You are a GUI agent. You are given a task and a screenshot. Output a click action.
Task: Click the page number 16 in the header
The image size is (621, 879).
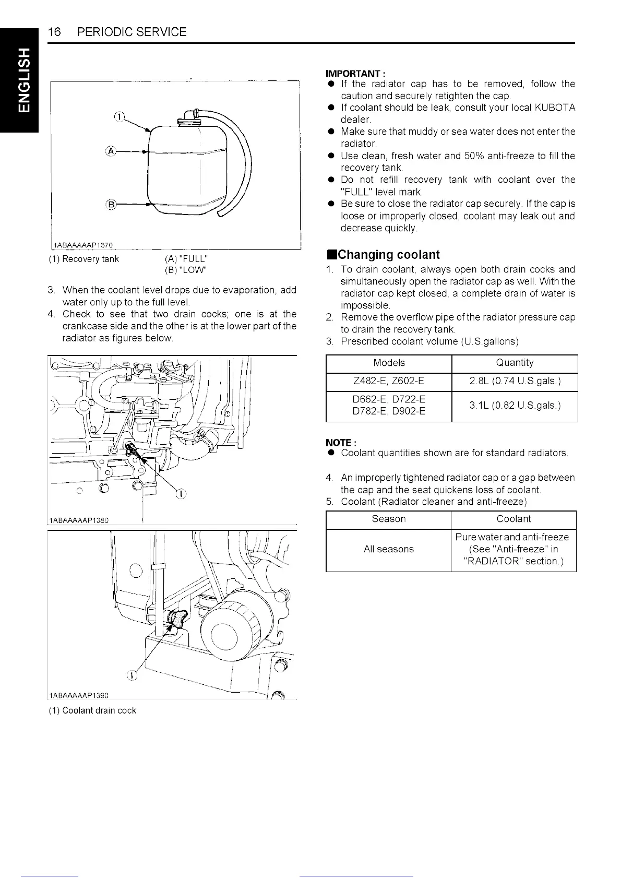(x=54, y=32)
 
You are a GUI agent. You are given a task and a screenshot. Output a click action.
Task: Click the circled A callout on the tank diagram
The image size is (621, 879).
(x=110, y=152)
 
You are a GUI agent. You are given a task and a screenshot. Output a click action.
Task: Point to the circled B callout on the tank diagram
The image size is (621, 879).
(x=110, y=204)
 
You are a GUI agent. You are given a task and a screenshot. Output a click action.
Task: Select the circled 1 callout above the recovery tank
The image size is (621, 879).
(x=119, y=116)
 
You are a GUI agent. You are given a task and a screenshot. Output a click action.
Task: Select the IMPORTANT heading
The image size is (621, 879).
(x=355, y=74)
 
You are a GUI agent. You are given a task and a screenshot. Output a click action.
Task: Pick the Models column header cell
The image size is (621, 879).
(x=389, y=363)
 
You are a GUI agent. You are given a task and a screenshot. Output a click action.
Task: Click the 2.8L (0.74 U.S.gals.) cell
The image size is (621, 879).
(x=515, y=382)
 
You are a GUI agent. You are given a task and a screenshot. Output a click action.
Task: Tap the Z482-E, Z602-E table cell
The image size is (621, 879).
(x=389, y=382)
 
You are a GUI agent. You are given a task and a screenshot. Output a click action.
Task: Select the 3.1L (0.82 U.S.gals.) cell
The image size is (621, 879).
(x=515, y=406)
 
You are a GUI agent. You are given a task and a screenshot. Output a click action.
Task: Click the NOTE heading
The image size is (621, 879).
(x=340, y=443)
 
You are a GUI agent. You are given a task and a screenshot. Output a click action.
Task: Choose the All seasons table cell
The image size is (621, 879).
(x=388, y=550)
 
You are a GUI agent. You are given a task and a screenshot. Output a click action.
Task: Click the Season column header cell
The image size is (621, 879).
(x=388, y=519)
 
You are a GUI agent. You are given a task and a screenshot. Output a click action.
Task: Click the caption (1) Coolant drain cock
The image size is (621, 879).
(x=92, y=710)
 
